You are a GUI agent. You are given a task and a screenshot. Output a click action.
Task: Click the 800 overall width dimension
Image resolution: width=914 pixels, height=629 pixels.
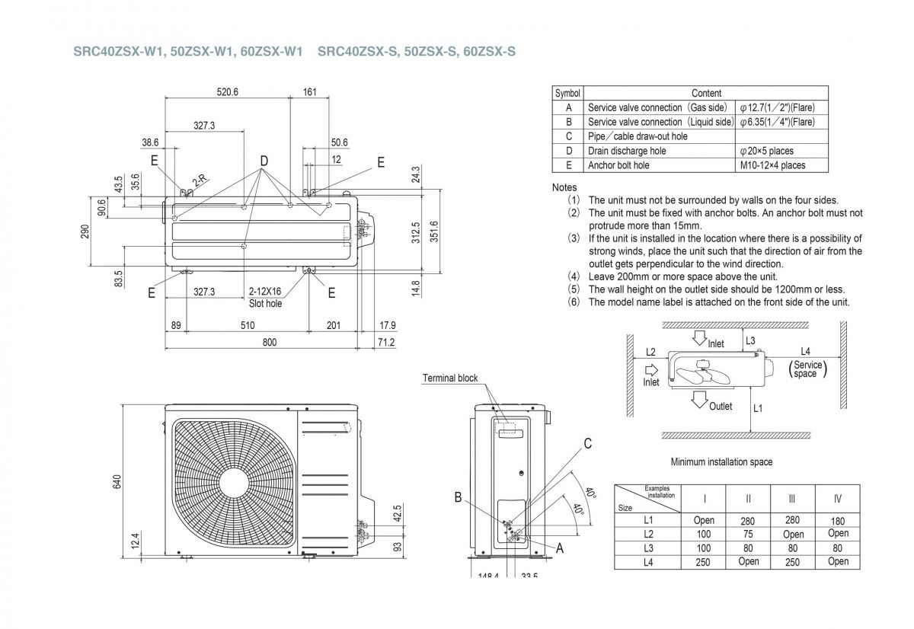[x=270, y=343]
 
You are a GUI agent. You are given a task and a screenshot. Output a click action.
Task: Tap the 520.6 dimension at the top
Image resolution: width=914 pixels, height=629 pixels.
[x=227, y=91]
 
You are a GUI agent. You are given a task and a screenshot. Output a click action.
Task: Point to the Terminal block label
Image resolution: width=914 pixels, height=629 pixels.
[x=450, y=378]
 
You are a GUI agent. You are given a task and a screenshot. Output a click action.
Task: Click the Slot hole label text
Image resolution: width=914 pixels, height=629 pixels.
[x=265, y=303]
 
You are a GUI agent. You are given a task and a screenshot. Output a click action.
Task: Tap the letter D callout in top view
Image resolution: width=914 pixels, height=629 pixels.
[x=264, y=161]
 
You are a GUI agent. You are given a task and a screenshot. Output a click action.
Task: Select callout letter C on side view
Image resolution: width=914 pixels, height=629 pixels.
[x=587, y=444]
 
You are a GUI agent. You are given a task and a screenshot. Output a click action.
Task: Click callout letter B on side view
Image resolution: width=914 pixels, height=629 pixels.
[x=459, y=497]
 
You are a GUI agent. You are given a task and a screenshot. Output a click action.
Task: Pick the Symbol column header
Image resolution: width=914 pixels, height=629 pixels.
[x=567, y=93]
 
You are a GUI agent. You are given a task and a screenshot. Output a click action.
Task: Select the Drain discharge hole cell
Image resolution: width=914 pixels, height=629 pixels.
[x=627, y=151]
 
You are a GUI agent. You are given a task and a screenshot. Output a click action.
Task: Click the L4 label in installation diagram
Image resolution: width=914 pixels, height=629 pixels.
[x=805, y=351]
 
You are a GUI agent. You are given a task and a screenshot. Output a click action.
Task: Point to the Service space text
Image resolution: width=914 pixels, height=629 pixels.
[x=807, y=369]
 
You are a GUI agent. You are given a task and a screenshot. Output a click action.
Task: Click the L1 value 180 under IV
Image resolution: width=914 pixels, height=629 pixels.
[x=837, y=521]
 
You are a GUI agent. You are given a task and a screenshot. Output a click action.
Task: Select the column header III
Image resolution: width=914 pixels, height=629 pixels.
[x=792, y=499]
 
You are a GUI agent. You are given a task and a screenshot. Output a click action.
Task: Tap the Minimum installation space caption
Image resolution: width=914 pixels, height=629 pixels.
[x=721, y=461]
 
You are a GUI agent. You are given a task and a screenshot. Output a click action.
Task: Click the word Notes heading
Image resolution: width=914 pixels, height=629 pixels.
[x=564, y=187]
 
